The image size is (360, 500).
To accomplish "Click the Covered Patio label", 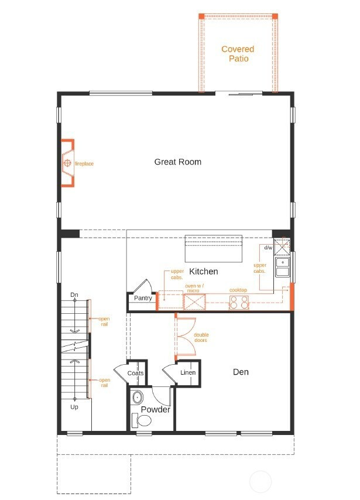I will tap(238, 54).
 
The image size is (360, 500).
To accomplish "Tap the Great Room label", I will tap(178, 162).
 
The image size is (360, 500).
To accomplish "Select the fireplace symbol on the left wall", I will tap(67, 163).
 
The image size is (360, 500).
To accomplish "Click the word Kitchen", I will tap(204, 271).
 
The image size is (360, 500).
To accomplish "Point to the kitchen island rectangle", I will tap(214, 249).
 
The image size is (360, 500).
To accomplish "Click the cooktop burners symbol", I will tap(238, 302).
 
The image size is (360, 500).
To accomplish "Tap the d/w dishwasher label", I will tap(268, 248).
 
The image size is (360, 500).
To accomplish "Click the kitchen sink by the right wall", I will tap(282, 267).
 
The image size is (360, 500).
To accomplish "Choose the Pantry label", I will tap(143, 298).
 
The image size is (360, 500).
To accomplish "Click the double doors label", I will tap(201, 338).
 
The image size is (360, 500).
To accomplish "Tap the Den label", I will tap(241, 372).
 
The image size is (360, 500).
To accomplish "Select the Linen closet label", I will tap(188, 373).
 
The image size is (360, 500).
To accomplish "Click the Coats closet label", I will tap(136, 373).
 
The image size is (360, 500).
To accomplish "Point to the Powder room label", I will tap(155, 410).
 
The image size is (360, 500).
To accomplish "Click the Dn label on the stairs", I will tap(74, 294).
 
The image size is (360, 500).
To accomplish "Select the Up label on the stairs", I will tap(74, 406).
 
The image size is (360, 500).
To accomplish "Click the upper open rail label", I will tap(104, 321).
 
